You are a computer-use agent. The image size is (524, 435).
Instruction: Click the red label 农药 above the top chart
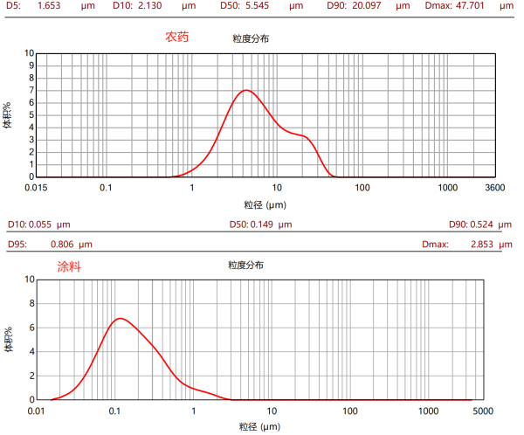pos(177,38)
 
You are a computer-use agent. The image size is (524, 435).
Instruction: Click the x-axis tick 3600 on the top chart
pos(494,188)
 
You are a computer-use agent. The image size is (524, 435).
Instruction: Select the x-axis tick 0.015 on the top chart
pos(36,188)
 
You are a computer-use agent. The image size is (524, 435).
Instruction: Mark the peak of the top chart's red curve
pos(247,90)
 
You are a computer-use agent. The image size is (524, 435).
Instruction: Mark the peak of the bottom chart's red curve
pos(119,318)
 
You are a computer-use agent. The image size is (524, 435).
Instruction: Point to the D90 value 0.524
pos(486,224)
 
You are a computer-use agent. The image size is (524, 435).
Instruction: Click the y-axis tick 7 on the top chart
pos(30,90)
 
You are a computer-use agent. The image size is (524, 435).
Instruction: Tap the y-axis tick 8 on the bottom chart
pos(30,304)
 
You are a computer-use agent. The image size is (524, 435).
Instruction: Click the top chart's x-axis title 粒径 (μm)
pos(265,204)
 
